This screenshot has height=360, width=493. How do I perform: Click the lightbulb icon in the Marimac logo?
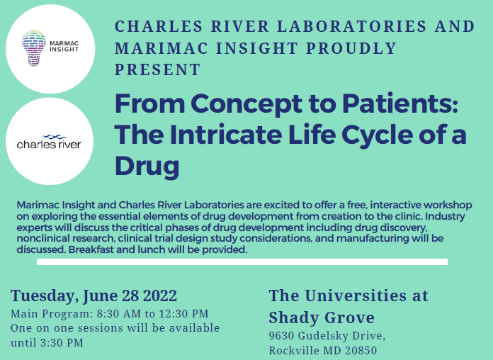[x=33, y=48]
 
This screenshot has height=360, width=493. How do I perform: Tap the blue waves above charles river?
[x=55, y=137]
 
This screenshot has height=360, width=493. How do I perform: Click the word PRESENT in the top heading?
[x=157, y=69]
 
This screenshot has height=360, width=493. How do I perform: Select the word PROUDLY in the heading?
[x=351, y=48]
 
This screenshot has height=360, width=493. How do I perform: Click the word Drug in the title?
[x=147, y=165]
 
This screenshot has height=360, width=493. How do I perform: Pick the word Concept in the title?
[x=246, y=104]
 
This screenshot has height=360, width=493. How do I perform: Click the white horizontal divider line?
[x=242, y=261]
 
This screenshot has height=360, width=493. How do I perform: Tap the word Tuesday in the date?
[x=45, y=296]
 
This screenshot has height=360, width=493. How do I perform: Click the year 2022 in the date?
[x=160, y=296]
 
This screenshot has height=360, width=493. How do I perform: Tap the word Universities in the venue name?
[x=356, y=296]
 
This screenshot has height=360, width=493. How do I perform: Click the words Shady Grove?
[x=322, y=317]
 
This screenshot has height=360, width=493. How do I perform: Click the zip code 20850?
[x=361, y=350]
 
